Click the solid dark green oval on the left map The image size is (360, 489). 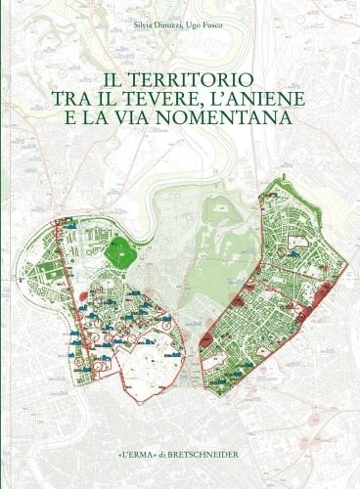(x=119, y=252)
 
